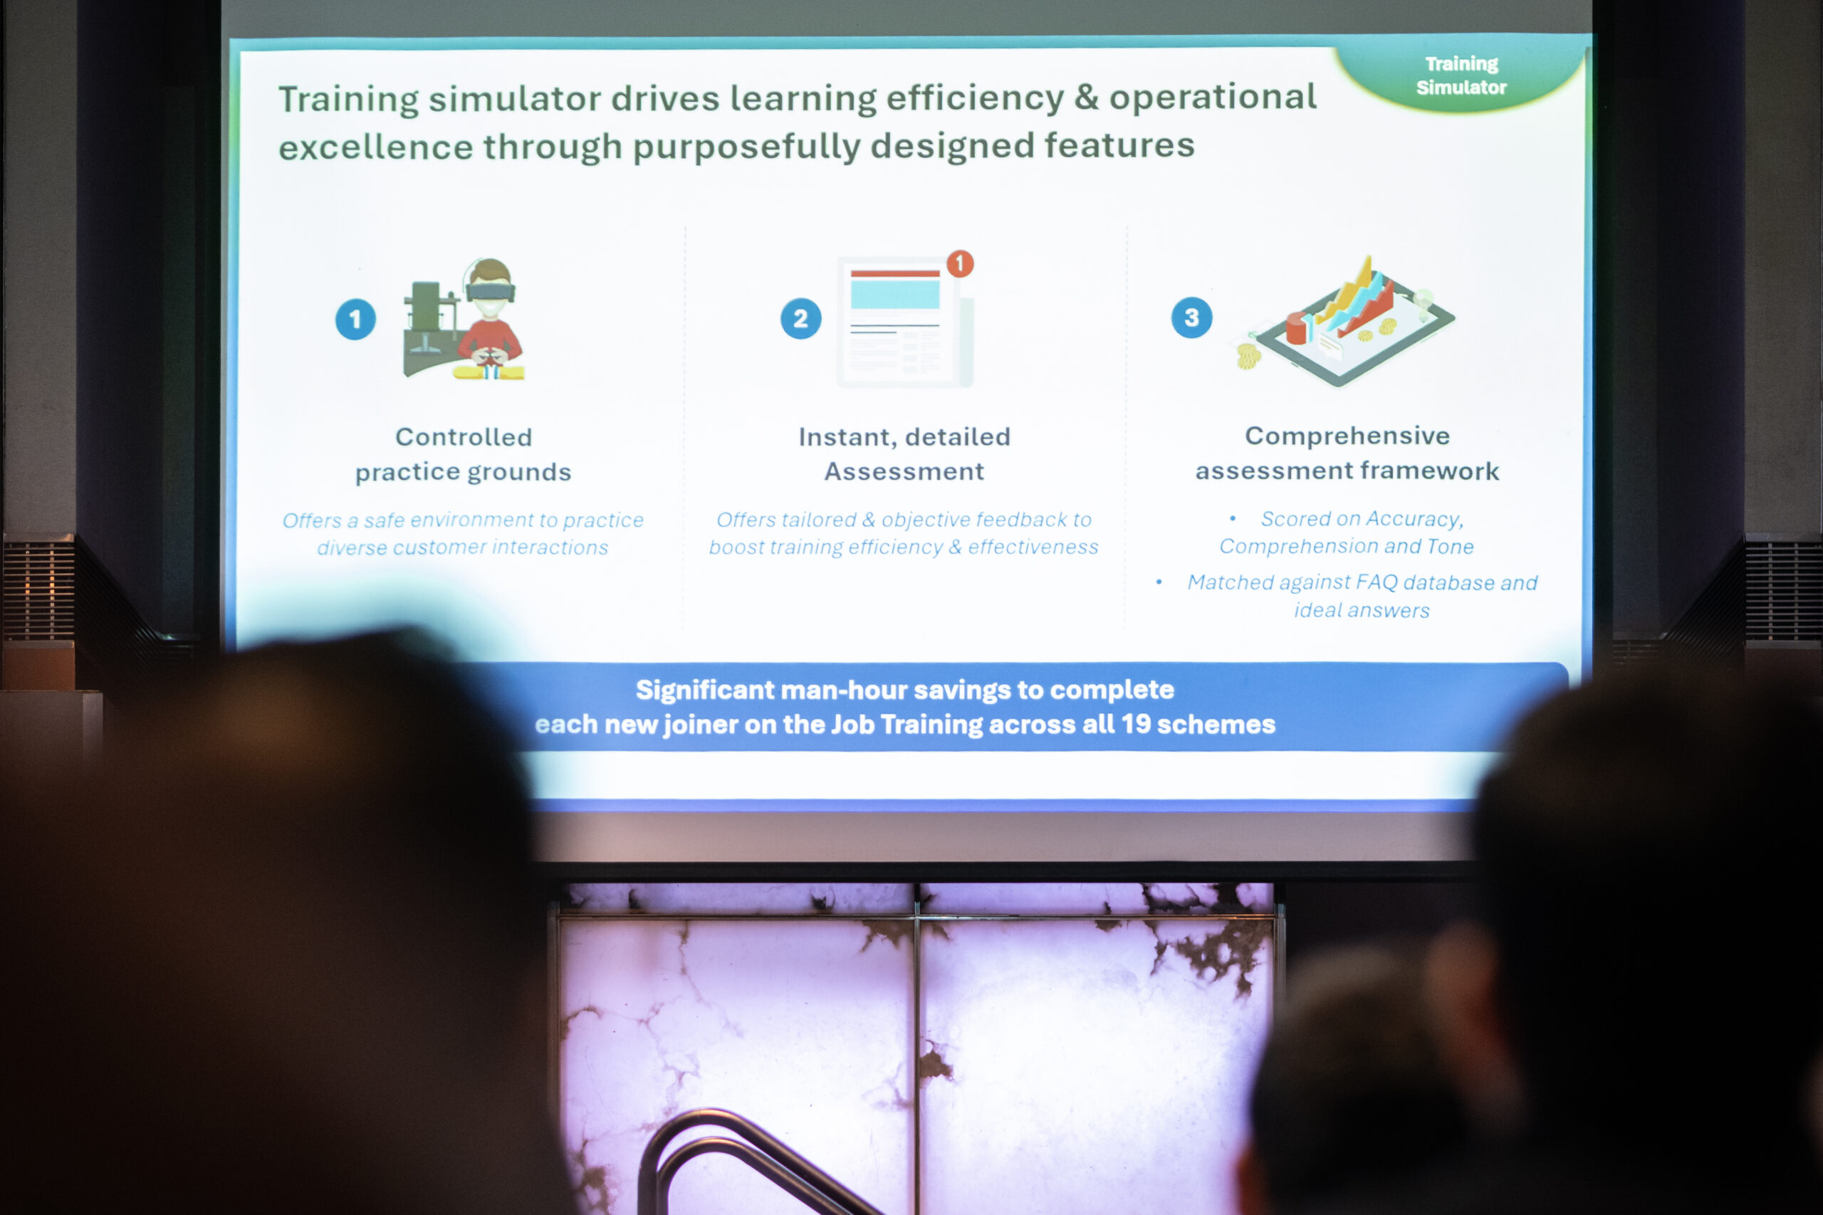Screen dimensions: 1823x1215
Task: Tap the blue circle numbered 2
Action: (x=800, y=318)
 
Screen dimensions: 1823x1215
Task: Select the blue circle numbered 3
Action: (x=1191, y=317)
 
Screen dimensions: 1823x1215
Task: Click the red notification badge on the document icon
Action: (x=959, y=264)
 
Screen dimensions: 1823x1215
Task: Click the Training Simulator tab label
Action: (x=1461, y=75)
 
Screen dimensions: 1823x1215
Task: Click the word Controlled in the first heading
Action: (x=464, y=437)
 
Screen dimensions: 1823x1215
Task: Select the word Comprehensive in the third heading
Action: (x=1347, y=436)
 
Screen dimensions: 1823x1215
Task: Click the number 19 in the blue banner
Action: (x=1136, y=724)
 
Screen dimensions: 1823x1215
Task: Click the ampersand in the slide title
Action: (x=1086, y=97)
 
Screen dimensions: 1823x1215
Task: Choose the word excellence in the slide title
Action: (x=375, y=147)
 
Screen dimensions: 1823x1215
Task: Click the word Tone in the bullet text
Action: (x=1451, y=546)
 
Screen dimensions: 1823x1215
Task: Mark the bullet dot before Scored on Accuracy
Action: (x=1233, y=518)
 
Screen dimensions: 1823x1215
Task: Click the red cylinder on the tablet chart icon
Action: (x=1297, y=327)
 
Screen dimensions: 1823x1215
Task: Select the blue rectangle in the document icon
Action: (x=894, y=295)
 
